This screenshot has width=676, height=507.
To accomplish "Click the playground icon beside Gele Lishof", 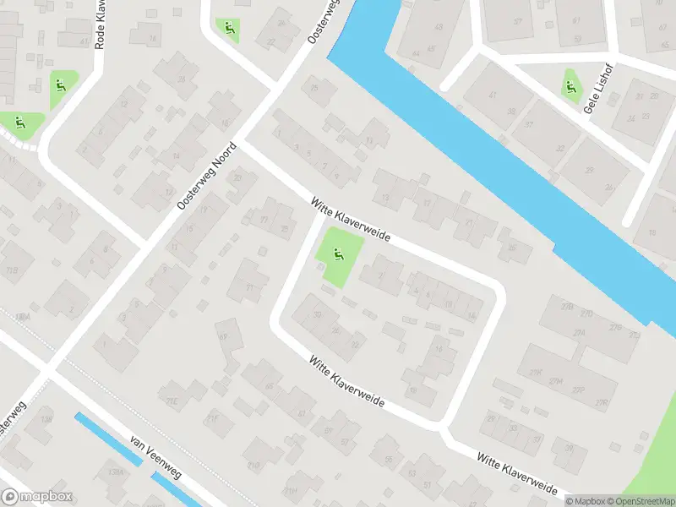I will (x=571, y=85).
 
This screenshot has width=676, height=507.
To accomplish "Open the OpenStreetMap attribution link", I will (x=640, y=501).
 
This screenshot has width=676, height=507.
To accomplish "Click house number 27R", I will (x=602, y=401).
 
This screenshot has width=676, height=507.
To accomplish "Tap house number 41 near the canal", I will (x=493, y=95).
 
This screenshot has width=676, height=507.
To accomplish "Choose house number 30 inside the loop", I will (x=318, y=315).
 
